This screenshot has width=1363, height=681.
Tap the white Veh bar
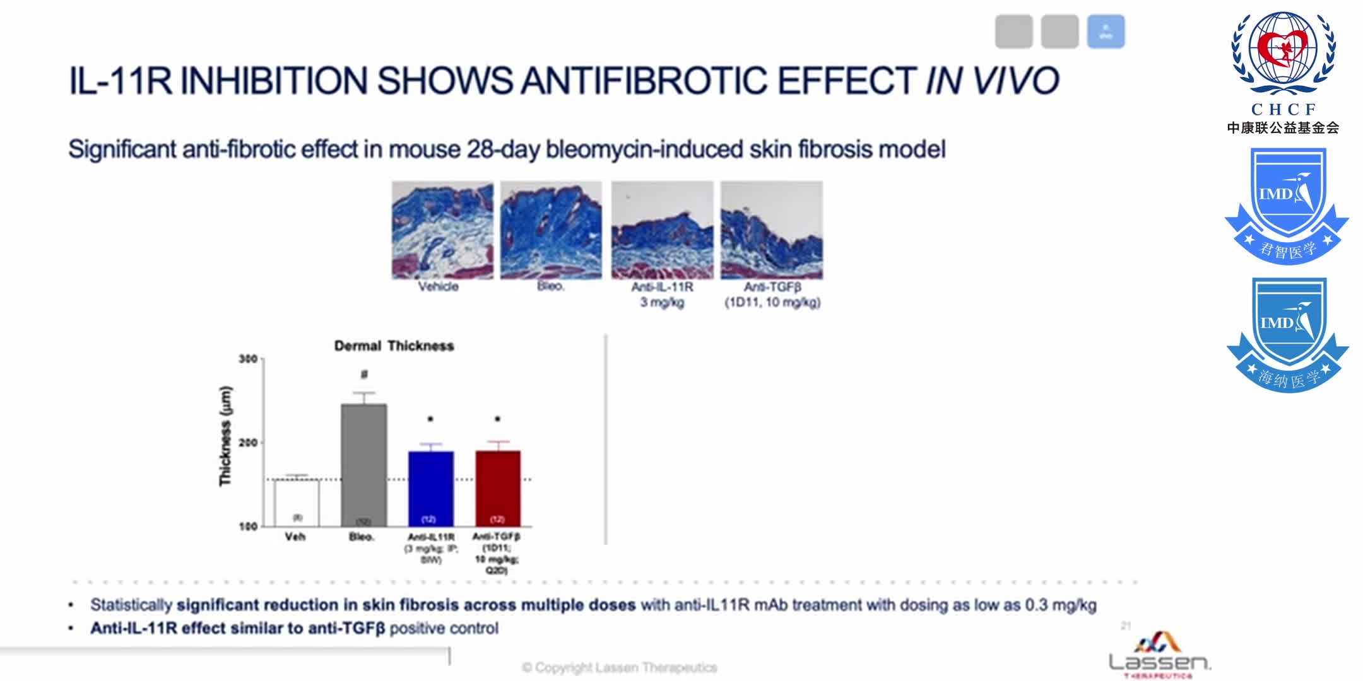click(297, 502)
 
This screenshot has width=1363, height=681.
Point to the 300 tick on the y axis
click(248, 359)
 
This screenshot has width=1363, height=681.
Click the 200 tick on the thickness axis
click(248, 443)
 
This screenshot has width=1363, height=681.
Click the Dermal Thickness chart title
click(394, 346)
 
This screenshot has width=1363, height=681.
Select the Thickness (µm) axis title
click(225, 436)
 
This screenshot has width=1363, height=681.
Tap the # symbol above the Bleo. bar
click(364, 375)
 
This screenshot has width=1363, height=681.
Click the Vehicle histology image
click(442, 230)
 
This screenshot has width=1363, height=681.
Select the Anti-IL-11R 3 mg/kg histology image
click(662, 230)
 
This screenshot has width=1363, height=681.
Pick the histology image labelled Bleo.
click(551, 230)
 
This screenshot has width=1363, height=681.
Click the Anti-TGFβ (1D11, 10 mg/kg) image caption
click(772, 294)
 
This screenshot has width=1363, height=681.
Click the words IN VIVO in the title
click(992, 81)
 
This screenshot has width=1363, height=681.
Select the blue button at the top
click(1106, 32)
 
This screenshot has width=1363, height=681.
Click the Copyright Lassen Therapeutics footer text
click(620, 667)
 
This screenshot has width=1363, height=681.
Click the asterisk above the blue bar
click(430, 419)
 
